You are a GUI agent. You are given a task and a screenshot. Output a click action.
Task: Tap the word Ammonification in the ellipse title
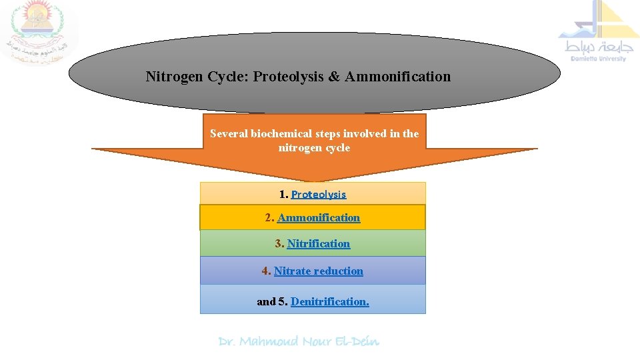398,77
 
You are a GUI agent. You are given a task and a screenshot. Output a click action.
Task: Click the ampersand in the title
334,77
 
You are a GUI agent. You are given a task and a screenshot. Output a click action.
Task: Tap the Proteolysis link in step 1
319,195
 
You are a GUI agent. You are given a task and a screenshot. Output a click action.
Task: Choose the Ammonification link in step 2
319,217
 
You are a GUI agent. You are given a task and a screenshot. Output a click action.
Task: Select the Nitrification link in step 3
319,243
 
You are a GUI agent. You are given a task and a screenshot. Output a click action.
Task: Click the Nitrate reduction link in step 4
319,271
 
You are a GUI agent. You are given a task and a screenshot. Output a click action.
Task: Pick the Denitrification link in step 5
329,301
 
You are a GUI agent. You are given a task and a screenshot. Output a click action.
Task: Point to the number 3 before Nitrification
279,243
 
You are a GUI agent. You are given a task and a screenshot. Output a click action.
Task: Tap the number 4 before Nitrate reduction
265,271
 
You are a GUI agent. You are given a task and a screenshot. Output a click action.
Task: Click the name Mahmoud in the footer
269,341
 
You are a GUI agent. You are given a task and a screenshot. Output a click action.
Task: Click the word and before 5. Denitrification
266,301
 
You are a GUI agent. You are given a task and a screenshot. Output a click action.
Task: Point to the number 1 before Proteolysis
283,195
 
